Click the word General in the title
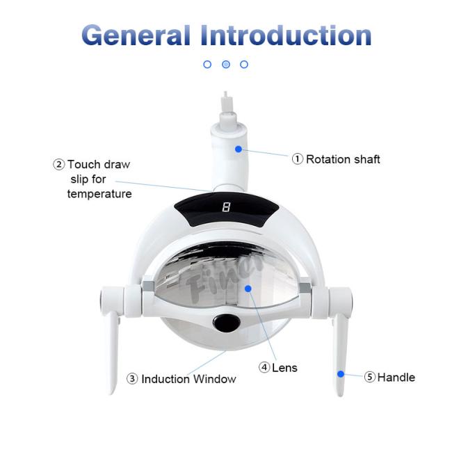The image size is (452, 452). click(x=136, y=35)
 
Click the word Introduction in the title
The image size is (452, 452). click(x=286, y=35)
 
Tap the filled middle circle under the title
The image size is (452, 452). click(x=226, y=64)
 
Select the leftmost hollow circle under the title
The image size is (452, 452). click(x=207, y=64)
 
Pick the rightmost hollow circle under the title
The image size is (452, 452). click(x=244, y=64)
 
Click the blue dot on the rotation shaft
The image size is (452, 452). click(x=239, y=149)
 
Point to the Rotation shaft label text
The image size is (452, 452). click(x=343, y=159)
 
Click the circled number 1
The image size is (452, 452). click(x=298, y=159)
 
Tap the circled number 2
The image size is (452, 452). click(x=59, y=165)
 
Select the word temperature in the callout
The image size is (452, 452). click(x=99, y=194)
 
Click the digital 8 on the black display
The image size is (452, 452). click(x=226, y=207)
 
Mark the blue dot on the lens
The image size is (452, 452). click(x=248, y=289)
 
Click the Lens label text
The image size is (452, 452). click(x=284, y=368)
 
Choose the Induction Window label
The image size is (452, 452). click(x=189, y=379)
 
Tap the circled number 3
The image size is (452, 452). click(x=132, y=379)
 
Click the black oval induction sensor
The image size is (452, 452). click(x=227, y=323)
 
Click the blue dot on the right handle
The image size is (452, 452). click(x=341, y=374)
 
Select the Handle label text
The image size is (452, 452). click(x=396, y=378)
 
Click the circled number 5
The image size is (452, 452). click(x=369, y=377)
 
